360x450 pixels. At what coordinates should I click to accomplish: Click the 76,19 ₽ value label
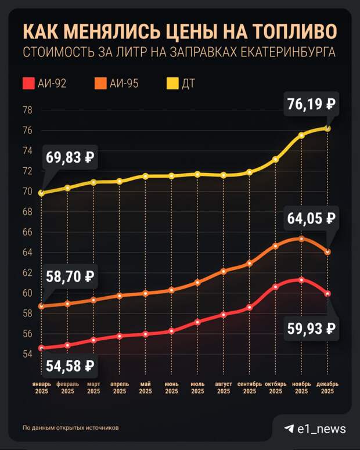tap(311, 106)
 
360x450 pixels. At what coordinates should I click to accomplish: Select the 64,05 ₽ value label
tap(311, 219)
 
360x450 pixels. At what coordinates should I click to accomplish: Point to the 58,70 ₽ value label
tap(68, 276)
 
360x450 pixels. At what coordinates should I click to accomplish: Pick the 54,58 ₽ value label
tap(68, 366)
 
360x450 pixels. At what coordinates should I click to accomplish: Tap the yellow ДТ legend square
tap(171, 84)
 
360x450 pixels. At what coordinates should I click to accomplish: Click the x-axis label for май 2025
tap(146, 387)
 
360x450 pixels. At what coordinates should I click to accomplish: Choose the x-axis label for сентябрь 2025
tap(249, 387)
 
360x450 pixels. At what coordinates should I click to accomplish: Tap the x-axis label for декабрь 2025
tap(327, 387)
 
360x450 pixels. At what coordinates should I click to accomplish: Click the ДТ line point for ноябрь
tap(301, 135)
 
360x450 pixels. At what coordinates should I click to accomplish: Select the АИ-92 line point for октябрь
tap(275, 287)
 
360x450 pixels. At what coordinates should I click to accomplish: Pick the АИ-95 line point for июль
tap(197, 283)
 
